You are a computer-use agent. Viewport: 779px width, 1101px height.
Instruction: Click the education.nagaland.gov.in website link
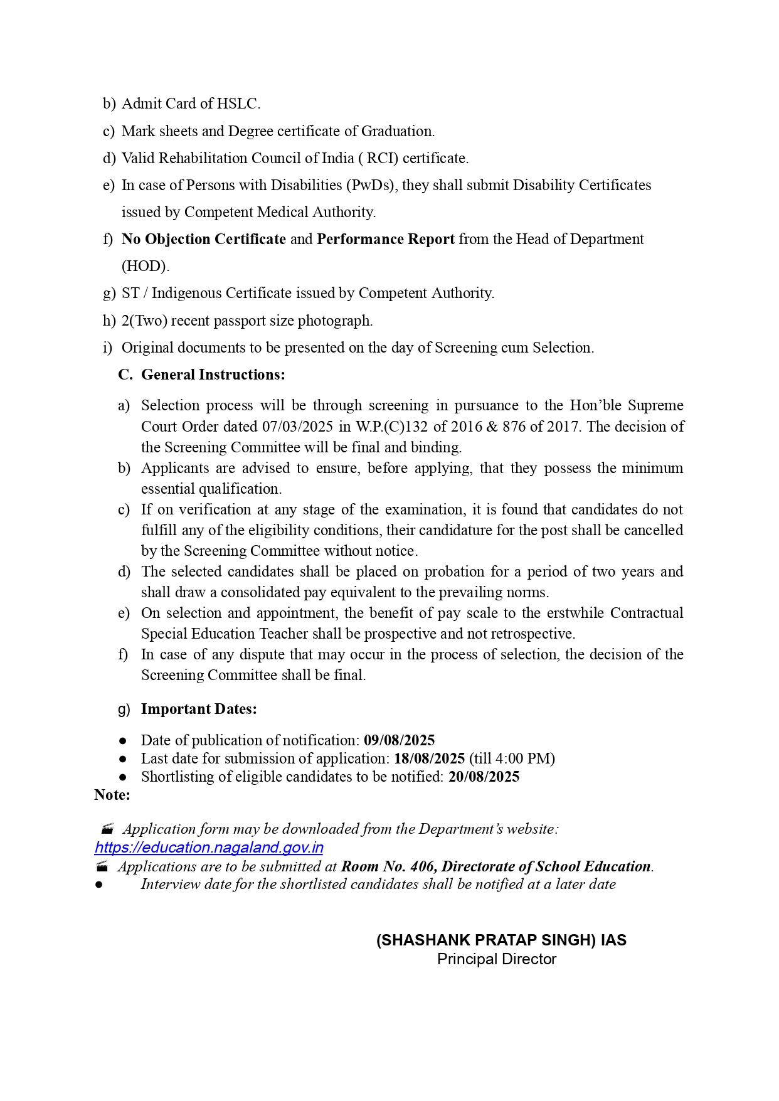(x=209, y=848)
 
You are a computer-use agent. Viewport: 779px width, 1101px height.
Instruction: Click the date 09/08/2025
(x=399, y=740)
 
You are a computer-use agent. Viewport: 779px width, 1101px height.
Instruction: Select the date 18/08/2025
(x=429, y=758)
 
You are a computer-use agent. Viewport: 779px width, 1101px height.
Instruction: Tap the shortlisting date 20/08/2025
(x=484, y=777)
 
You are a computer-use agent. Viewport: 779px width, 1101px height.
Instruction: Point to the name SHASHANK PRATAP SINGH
(x=486, y=940)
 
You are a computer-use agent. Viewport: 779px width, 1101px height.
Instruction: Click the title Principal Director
(x=497, y=959)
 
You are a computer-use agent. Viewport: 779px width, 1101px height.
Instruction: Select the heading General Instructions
(x=213, y=375)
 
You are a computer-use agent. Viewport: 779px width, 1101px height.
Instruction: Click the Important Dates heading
(x=199, y=709)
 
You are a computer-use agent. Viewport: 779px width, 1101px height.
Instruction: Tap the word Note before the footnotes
(x=112, y=795)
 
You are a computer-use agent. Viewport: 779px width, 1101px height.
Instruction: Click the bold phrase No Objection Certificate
(x=204, y=239)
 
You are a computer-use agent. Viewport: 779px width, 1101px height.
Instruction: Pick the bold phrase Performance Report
(x=386, y=239)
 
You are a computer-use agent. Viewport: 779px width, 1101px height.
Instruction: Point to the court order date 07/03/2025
(x=297, y=427)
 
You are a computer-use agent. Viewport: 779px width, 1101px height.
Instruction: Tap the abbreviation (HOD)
(x=145, y=266)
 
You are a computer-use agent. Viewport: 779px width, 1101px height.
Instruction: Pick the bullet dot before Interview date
(x=98, y=885)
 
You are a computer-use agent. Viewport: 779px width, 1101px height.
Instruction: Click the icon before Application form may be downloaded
(x=107, y=829)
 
